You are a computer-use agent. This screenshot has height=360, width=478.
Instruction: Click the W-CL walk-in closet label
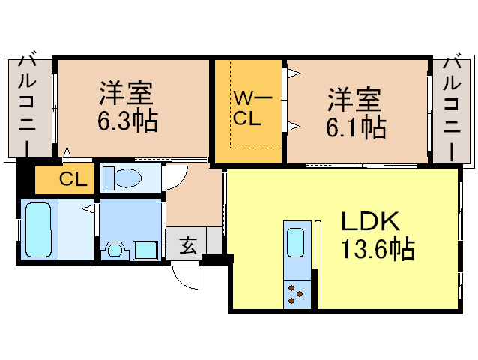point(246,109)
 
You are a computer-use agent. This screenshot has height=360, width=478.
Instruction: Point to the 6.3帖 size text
point(127,121)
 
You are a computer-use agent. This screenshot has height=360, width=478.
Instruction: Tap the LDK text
point(372,222)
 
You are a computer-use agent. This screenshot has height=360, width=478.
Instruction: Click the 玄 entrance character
point(187,246)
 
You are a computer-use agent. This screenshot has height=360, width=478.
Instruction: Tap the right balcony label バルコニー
point(452,105)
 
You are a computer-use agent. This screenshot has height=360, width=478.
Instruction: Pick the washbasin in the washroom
point(115,248)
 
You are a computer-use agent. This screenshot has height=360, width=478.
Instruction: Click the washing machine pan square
point(145,249)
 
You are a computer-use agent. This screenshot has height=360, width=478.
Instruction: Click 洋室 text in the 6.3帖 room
point(127,94)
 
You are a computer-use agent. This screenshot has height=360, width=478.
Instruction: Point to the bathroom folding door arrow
point(91,210)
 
